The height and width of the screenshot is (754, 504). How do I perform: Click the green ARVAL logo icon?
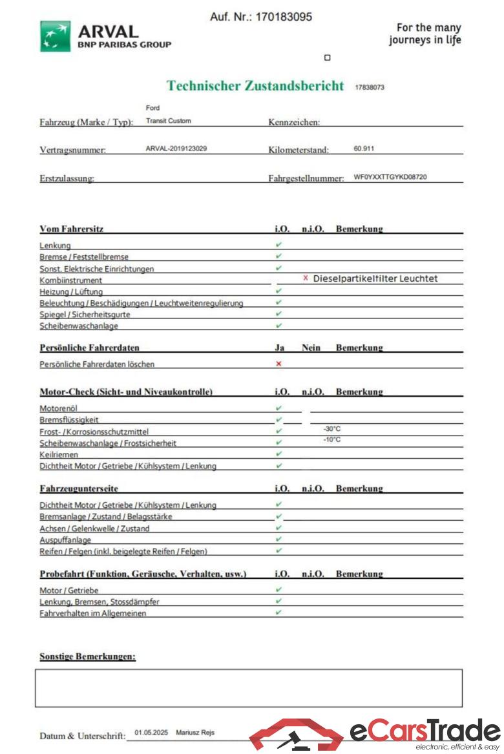tap(56, 36)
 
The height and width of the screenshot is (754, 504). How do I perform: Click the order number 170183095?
tap(284, 17)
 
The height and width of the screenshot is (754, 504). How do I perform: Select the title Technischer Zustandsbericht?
tap(255, 86)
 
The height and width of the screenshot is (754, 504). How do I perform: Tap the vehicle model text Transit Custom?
tap(169, 121)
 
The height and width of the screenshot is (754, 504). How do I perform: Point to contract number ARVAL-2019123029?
tap(176, 149)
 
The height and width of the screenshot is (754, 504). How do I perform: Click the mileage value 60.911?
tap(364, 149)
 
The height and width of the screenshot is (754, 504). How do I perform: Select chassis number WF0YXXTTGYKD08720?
tap(390, 176)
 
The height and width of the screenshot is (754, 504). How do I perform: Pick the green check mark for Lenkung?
tap(278, 245)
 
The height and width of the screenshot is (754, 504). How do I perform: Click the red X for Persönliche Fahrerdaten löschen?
tap(278, 364)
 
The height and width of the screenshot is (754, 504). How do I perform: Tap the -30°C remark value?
tap(332, 428)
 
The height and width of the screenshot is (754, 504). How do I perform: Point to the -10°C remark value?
tap(332, 440)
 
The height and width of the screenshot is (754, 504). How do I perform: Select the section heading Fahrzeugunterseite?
tap(79, 489)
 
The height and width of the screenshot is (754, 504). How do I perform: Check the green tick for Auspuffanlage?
tap(278, 539)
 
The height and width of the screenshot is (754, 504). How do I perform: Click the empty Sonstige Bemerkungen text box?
tap(249, 687)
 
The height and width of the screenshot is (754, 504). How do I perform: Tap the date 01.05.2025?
tap(151, 732)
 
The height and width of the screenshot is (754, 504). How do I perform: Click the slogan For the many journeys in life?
tap(425, 34)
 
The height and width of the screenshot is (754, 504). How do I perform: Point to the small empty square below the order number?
tap(327, 58)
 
